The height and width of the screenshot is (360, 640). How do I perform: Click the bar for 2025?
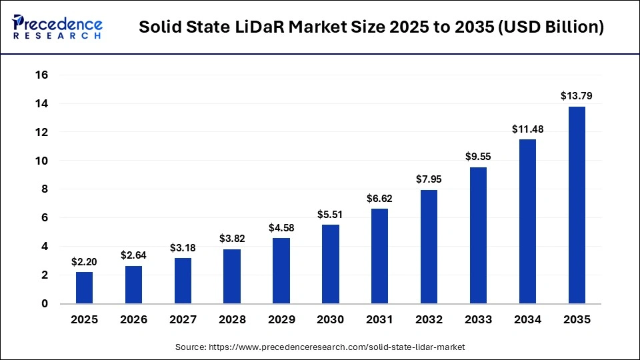tap(84, 287)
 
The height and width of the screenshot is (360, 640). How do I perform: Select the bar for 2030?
tap(331, 264)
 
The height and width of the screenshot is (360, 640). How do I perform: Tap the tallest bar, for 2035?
tap(577, 205)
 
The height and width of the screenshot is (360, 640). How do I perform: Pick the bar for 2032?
tap(429, 247)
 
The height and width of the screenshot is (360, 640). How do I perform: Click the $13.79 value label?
tap(577, 96)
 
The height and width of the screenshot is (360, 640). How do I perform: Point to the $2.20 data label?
tap(84, 262)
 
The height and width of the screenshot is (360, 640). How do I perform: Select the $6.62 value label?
tap(380, 198)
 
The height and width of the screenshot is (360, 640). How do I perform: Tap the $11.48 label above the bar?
tap(527, 129)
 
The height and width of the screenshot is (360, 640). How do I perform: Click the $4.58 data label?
tap(281, 227)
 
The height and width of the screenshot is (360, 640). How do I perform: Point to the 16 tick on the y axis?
tap(41, 75)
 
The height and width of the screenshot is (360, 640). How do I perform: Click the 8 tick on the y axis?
tap(45, 189)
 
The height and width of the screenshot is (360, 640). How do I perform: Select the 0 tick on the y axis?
tap(45, 304)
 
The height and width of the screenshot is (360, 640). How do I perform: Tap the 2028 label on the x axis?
tap(232, 320)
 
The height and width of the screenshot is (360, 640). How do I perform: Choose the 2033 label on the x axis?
tap(478, 320)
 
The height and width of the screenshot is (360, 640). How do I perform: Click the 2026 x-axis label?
tap(133, 320)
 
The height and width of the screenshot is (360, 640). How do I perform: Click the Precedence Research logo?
tap(57, 27)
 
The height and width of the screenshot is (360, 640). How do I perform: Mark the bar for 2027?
tap(183, 281)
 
